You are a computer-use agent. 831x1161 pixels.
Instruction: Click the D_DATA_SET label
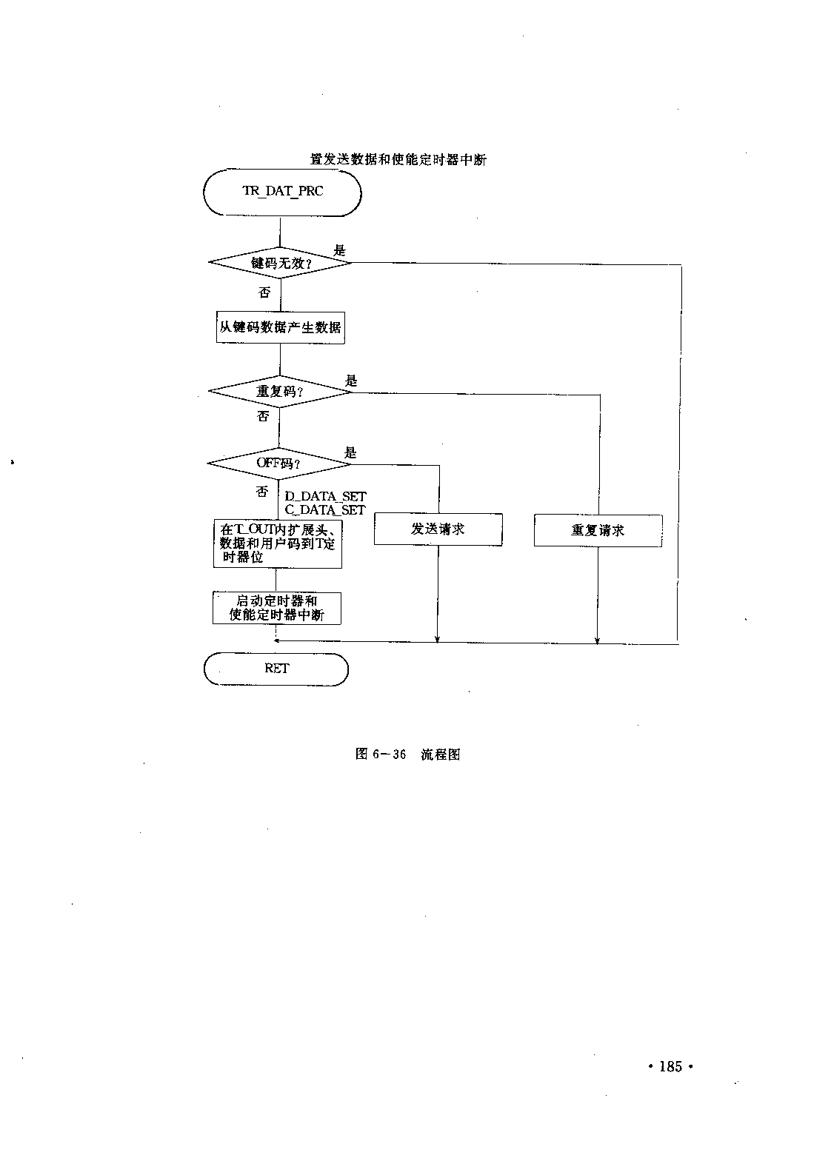(326, 497)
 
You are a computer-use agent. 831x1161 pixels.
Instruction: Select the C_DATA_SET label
(325, 510)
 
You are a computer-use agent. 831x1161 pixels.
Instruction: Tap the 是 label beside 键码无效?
(339, 251)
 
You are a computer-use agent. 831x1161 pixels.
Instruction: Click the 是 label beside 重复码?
(352, 381)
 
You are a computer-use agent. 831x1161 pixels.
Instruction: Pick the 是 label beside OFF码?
(350, 452)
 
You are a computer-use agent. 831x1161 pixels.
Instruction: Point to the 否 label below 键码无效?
(264, 293)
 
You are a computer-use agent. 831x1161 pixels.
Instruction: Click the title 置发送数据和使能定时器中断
(398, 160)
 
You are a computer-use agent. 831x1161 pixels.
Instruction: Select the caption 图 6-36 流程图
(408, 754)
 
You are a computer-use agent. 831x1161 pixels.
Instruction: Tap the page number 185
(671, 1067)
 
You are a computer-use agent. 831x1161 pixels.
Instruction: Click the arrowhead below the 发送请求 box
(437, 640)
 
